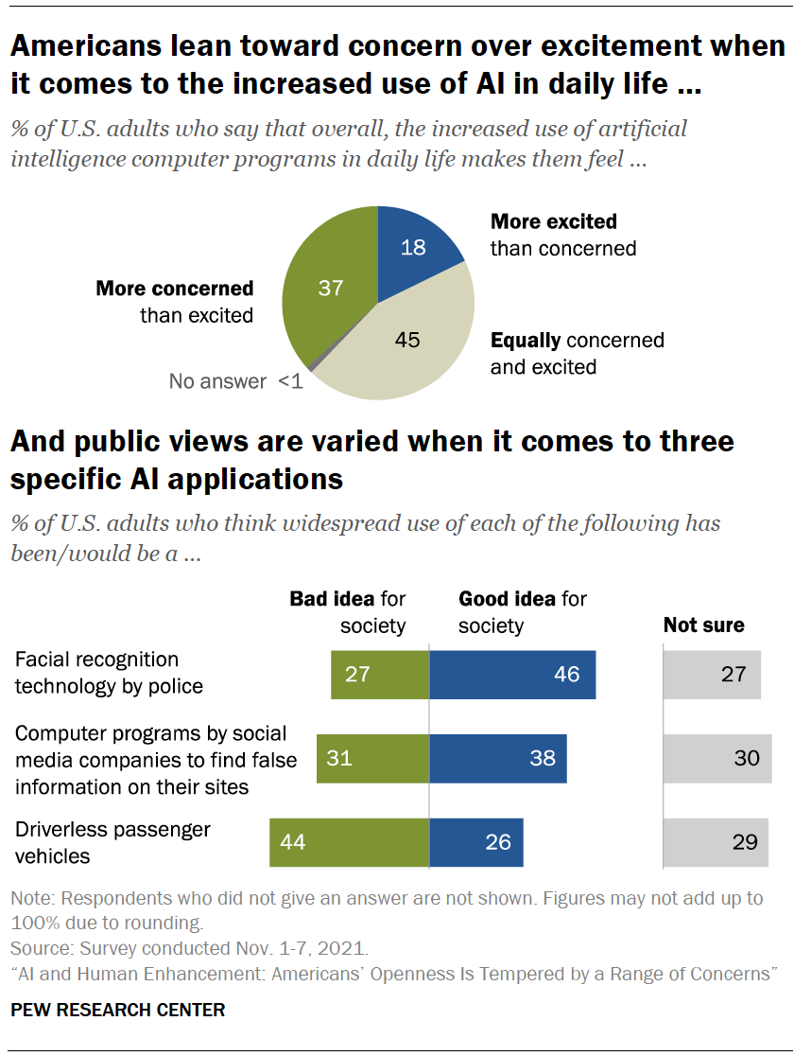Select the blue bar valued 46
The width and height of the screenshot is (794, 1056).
coord(512,675)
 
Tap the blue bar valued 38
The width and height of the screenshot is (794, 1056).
coord(498,759)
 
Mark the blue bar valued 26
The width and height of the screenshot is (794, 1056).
coord(476,842)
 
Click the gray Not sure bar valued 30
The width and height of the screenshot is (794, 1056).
coord(717,759)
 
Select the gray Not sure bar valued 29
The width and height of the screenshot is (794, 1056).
coord(716,842)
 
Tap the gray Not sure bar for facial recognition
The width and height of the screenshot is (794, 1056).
coord(712,675)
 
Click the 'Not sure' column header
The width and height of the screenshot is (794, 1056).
coord(703,625)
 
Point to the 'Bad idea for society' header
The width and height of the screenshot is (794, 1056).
coord(347,612)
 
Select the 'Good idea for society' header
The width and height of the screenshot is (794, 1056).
coord(522,612)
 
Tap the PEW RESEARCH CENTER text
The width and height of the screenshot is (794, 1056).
coord(118,1010)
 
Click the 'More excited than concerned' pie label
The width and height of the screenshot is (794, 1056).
coord(562,235)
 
